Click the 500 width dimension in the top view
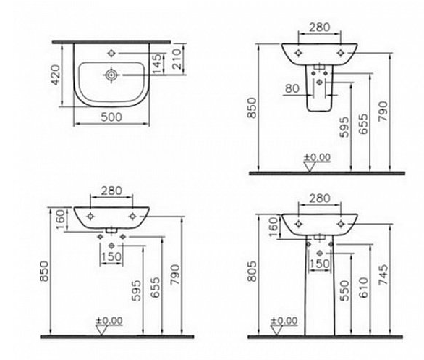click(111, 117)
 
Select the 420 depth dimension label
click(56, 75)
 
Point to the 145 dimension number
click(156, 64)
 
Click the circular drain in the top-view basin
click(111, 75)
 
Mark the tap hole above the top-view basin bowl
click(111, 54)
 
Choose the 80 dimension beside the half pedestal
click(292, 88)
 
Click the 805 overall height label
click(252, 272)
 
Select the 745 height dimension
click(383, 275)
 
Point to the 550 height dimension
click(344, 290)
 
